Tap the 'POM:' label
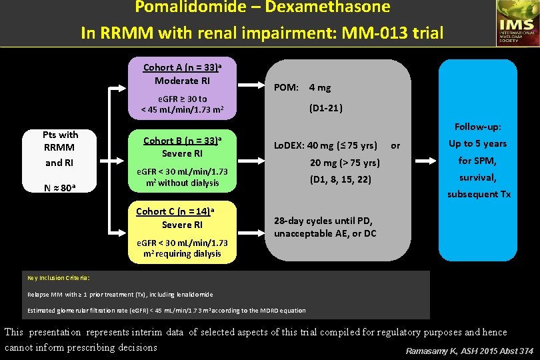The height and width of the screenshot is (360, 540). click(286, 87)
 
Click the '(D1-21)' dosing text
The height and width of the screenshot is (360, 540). click(326, 107)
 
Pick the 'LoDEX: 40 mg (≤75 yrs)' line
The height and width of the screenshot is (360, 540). click(325, 145)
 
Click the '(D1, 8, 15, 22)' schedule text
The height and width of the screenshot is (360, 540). click(340, 179)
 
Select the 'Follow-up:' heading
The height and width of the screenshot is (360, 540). click(477, 126)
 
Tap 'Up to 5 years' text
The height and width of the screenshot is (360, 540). click(477, 143)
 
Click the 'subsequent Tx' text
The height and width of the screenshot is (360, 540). click(479, 194)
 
